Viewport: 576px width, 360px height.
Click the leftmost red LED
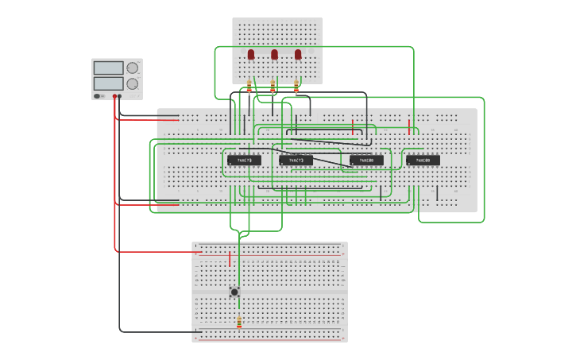coord(250,55)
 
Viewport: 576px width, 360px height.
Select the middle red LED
coord(274,55)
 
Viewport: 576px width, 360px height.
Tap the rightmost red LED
coord(298,55)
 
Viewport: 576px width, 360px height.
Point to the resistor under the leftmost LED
coord(249,87)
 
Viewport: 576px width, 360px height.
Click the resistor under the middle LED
coord(273,87)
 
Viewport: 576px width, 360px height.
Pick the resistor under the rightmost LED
coord(297,87)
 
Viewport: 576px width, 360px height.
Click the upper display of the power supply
coord(108,68)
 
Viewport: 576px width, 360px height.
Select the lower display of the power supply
coord(108,83)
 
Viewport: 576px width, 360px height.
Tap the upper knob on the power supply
coord(132,68)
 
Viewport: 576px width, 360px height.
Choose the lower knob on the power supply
coord(132,83)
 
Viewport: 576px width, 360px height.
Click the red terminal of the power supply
coord(114,96)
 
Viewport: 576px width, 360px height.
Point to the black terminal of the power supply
coord(120,96)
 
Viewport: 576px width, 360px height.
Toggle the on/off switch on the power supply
coord(99,96)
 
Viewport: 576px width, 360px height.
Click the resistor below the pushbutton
coord(239,322)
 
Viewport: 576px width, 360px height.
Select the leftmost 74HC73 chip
coord(244,160)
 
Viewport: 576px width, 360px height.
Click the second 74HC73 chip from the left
coord(296,160)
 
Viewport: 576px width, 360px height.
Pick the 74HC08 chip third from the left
coord(366,160)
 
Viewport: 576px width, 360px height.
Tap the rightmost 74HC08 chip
coord(423,160)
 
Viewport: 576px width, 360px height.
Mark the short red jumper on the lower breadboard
coord(230,258)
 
